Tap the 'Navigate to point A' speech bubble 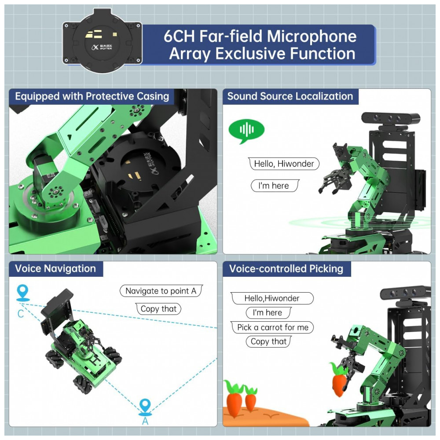click(161, 291)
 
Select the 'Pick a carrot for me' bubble click(272, 327)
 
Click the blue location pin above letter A click(145, 406)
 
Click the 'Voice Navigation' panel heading click(55, 268)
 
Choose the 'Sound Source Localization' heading click(290, 96)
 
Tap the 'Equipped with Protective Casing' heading click(92, 96)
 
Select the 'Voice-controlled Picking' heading click(286, 268)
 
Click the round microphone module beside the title click(103, 43)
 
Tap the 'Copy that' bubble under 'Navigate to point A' click(158, 309)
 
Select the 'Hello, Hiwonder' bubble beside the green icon click(284, 164)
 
